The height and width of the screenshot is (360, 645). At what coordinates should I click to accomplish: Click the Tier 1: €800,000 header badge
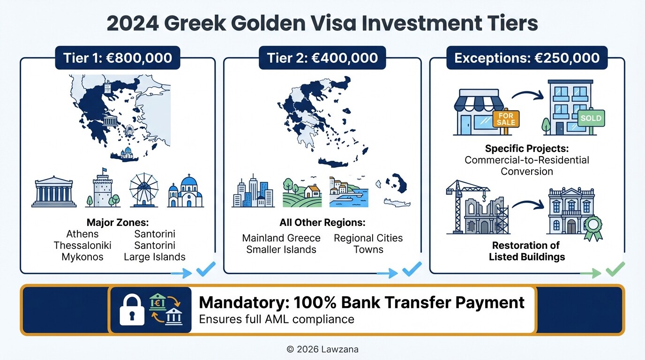point(117,58)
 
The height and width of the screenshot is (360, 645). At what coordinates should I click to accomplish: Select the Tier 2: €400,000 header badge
point(322,58)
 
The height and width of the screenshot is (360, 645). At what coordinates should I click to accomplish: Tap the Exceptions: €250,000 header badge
point(527,58)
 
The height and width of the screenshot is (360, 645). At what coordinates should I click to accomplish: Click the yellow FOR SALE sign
point(506,118)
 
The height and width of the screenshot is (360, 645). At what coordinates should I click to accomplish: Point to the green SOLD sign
point(591,118)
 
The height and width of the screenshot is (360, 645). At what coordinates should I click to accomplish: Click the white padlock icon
point(132,309)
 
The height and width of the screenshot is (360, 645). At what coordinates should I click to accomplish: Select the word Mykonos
point(82,257)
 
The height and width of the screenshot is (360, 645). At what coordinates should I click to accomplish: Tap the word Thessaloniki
point(82,246)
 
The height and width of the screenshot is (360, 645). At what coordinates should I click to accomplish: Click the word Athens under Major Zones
point(82,234)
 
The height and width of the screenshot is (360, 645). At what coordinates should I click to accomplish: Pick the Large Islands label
point(155,257)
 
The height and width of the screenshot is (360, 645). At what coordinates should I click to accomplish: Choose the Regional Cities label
point(368,238)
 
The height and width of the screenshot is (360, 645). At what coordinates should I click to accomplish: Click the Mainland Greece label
point(281,238)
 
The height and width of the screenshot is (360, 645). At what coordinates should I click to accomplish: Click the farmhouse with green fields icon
point(302,192)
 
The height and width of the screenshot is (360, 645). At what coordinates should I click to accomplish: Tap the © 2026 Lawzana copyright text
point(322,349)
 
